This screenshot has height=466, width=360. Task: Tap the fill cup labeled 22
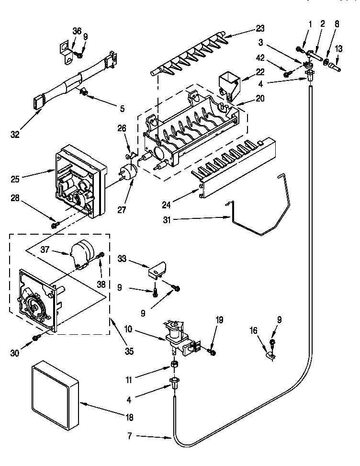point(228,82)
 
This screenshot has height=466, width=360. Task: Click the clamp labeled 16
point(270,355)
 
